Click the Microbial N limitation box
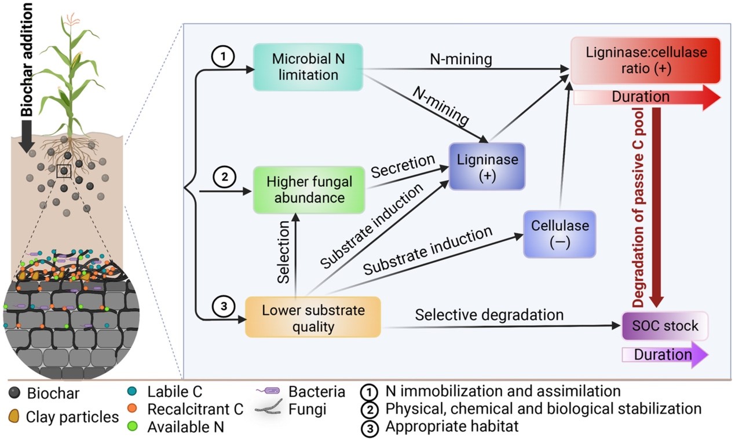click(308, 67)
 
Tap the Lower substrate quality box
click(313, 318)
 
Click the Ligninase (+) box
click(487, 167)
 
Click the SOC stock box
click(665, 326)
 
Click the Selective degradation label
click(489, 315)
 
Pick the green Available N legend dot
click(137, 427)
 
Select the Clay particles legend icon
click(14, 416)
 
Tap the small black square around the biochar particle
click(64, 171)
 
